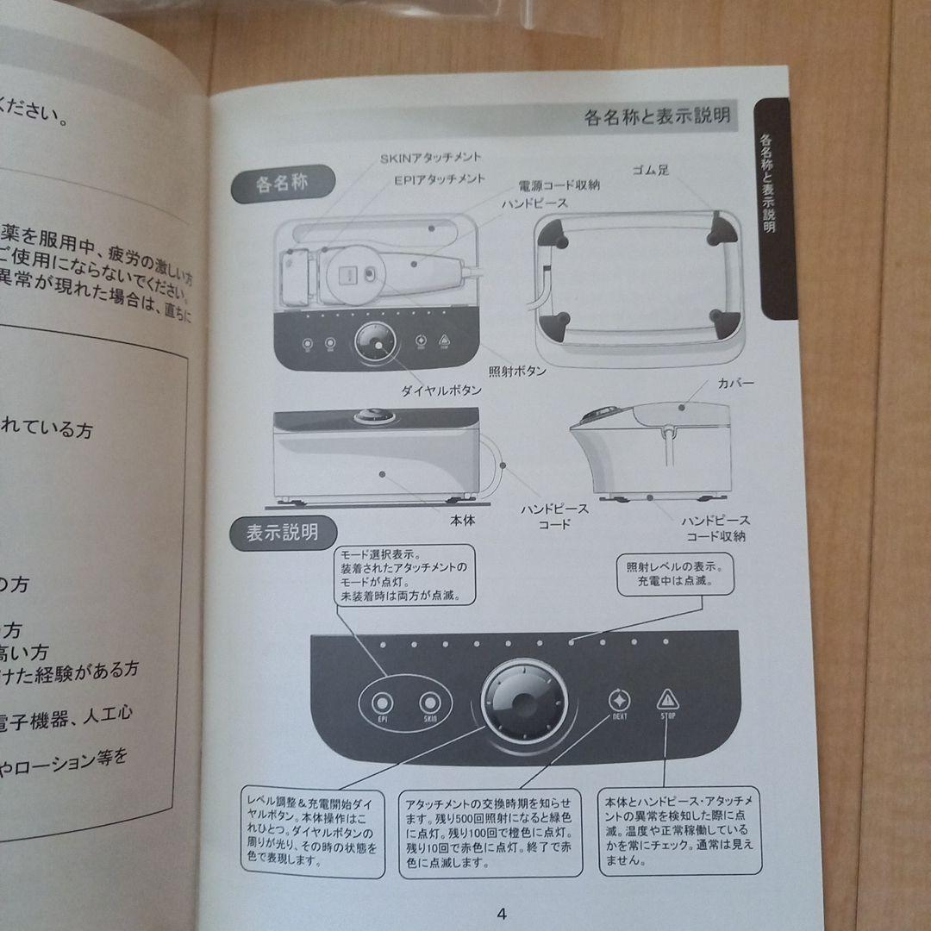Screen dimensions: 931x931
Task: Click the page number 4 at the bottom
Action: (503, 915)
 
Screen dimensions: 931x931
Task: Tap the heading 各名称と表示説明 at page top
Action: (657, 116)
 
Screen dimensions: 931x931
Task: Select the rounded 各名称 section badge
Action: (283, 184)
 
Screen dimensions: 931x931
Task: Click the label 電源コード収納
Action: (559, 184)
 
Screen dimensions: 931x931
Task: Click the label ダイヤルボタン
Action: (440, 391)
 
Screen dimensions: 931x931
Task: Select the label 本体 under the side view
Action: (461, 520)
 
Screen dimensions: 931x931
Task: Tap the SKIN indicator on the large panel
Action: (429, 703)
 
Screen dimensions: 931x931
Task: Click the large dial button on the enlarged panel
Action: (525, 702)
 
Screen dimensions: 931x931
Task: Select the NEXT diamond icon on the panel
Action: (618, 700)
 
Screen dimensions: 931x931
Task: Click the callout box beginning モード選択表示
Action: (403, 574)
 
